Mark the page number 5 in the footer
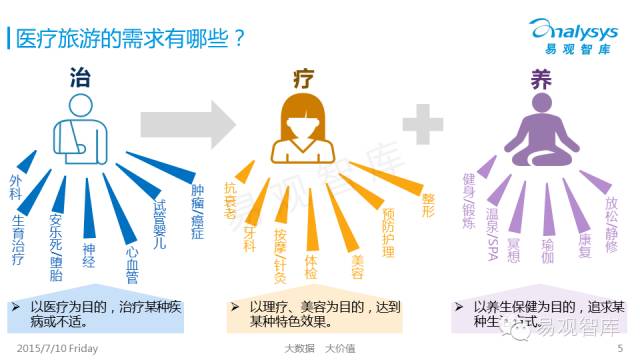pos(620,349)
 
